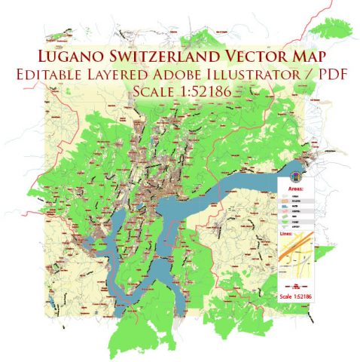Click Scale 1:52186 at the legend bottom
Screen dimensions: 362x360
click(297, 296)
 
